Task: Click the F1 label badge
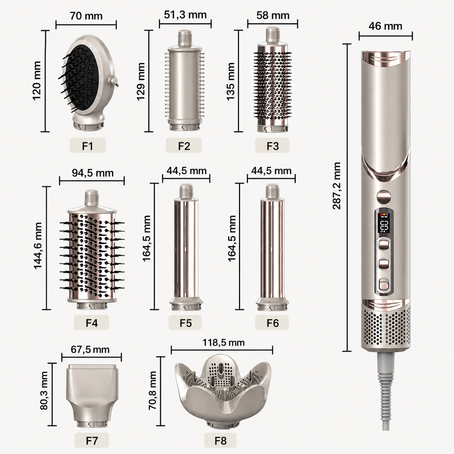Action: coord(87,146)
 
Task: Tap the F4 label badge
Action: coord(91,323)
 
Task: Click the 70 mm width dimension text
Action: coord(86,16)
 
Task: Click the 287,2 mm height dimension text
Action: coord(337,186)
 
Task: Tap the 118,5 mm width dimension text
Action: coord(224,342)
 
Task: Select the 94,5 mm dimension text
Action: coord(93,173)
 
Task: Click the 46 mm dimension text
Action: coord(386,26)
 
